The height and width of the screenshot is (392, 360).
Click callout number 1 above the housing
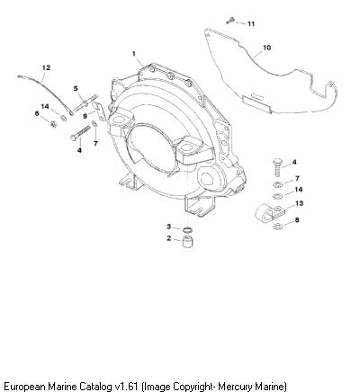[x=134, y=54]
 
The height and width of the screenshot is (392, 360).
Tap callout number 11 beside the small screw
[x=251, y=24]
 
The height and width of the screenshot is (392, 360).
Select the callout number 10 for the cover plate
[x=266, y=48]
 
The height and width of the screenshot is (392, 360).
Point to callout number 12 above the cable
[x=46, y=68]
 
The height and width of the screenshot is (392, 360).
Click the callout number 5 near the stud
[x=76, y=88]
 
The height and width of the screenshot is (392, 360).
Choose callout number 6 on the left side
[x=37, y=113]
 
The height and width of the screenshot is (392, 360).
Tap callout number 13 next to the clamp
[x=299, y=203]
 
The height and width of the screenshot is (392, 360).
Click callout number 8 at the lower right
[x=297, y=220]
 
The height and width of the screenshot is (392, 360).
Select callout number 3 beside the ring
[x=169, y=227]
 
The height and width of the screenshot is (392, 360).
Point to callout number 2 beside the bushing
[x=169, y=238]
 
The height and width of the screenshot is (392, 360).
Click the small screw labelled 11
[x=229, y=21]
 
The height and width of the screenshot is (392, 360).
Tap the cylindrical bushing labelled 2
[x=187, y=241]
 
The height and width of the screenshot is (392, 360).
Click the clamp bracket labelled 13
[x=269, y=213]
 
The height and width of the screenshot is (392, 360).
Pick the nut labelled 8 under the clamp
[x=277, y=227]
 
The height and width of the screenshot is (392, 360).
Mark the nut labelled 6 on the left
[x=53, y=123]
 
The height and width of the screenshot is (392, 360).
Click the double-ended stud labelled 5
[x=85, y=102]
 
